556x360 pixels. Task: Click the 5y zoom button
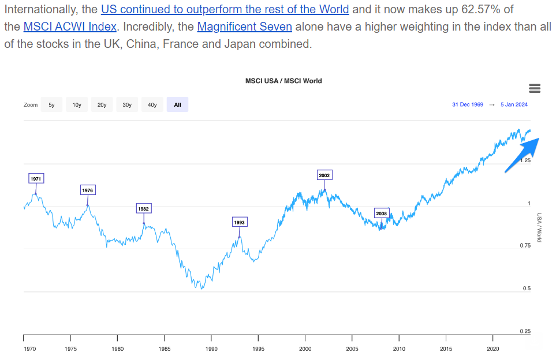(x=51, y=105)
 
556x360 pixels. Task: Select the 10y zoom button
(x=77, y=105)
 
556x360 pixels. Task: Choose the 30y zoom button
(x=127, y=105)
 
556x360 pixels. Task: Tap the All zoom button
(x=177, y=105)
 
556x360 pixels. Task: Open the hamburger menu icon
(x=535, y=88)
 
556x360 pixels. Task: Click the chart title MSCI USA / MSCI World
(x=283, y=81)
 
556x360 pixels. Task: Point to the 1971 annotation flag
(x=36, y=179)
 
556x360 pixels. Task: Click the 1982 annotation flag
(x=143, y=208)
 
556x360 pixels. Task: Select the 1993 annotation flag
(x=239, y=222)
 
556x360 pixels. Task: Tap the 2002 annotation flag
(x=324, y=175)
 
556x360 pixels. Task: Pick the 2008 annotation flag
(x=381, y=213)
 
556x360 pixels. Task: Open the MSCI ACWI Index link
(x=70, y=27)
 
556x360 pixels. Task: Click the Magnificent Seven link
(x=244, y=27)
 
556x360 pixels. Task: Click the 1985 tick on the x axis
(x=165, y=348)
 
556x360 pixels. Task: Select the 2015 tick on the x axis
(x=446, y=348)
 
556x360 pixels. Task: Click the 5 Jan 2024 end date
(x=514, y=104)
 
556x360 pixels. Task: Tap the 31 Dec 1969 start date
(x=468, y=104)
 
